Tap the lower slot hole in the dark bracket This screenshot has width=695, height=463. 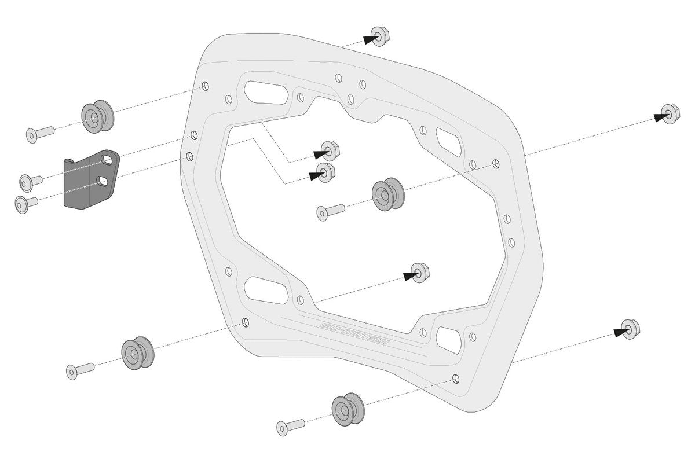pos(105,182)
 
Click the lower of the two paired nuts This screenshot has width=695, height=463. pos(325,172)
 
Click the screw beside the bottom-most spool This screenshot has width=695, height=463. pos(291,427)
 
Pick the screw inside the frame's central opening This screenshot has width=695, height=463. pos(330,211)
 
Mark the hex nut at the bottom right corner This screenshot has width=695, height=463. pos(630,329)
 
